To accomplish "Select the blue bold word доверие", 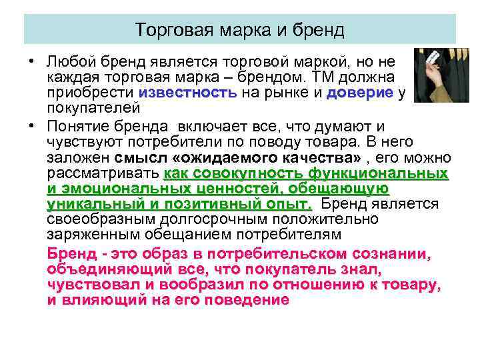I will [x=360, y=93].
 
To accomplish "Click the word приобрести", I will [x=91, y=93].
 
